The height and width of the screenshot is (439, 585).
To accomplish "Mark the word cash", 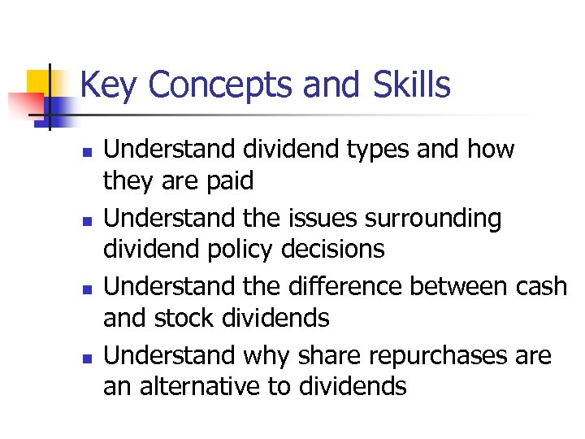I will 540,287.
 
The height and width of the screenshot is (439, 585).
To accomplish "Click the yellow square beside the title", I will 41,83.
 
